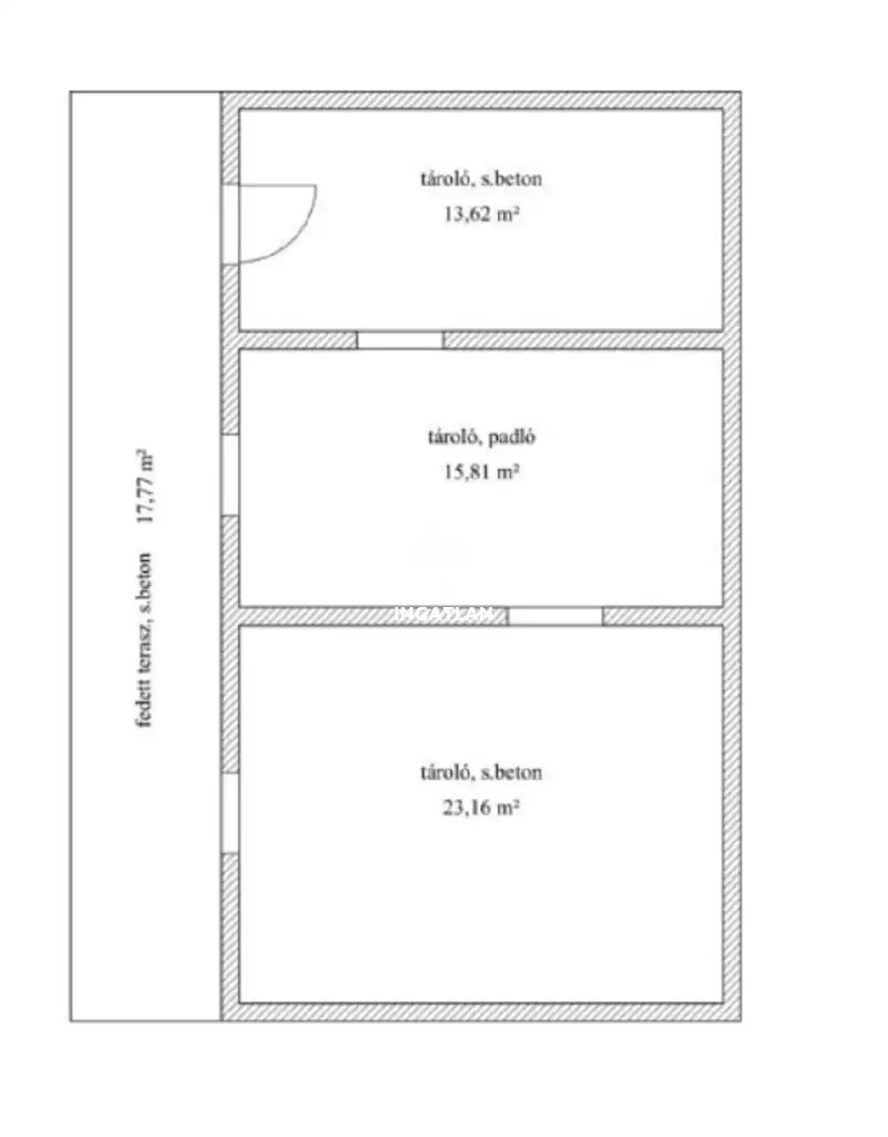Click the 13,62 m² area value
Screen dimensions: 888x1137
pos(481,214)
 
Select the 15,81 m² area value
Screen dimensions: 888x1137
pos(481,472)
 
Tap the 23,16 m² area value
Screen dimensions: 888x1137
pos(481,808)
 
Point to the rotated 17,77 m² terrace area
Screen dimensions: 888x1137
pos(145,486)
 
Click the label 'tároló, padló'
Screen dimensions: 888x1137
pos(482,437)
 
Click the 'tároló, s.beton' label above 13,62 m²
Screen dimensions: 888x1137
pos(481,179)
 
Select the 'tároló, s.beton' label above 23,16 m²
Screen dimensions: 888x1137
pos(481,773)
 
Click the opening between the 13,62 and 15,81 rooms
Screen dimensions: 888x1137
pos(400,340)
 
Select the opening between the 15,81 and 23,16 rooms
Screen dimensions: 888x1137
pos(556,616)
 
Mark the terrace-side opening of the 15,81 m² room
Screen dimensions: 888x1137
pos(230,475)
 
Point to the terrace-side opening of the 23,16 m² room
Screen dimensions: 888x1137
pos(230,813)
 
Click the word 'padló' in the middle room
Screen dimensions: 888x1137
pos(512,438)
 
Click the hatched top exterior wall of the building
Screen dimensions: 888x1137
pos(481,100)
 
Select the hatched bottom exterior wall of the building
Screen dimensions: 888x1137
pos(481,1012)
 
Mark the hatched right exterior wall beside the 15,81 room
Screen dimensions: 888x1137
pos(732,478)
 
